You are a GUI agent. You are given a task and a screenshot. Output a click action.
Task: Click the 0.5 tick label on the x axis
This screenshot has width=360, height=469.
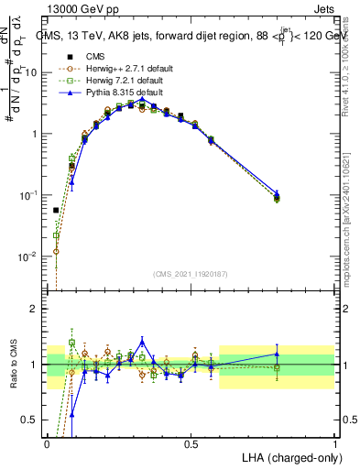point(191,443)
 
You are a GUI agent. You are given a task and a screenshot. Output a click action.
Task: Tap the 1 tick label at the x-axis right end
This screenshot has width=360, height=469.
point(334,443)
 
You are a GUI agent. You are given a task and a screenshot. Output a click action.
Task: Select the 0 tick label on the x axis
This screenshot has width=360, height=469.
point(48,443)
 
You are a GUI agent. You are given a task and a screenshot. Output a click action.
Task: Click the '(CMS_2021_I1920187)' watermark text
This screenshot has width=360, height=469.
point(191,273)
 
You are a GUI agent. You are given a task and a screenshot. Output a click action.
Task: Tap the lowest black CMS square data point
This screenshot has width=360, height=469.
point(56,210)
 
